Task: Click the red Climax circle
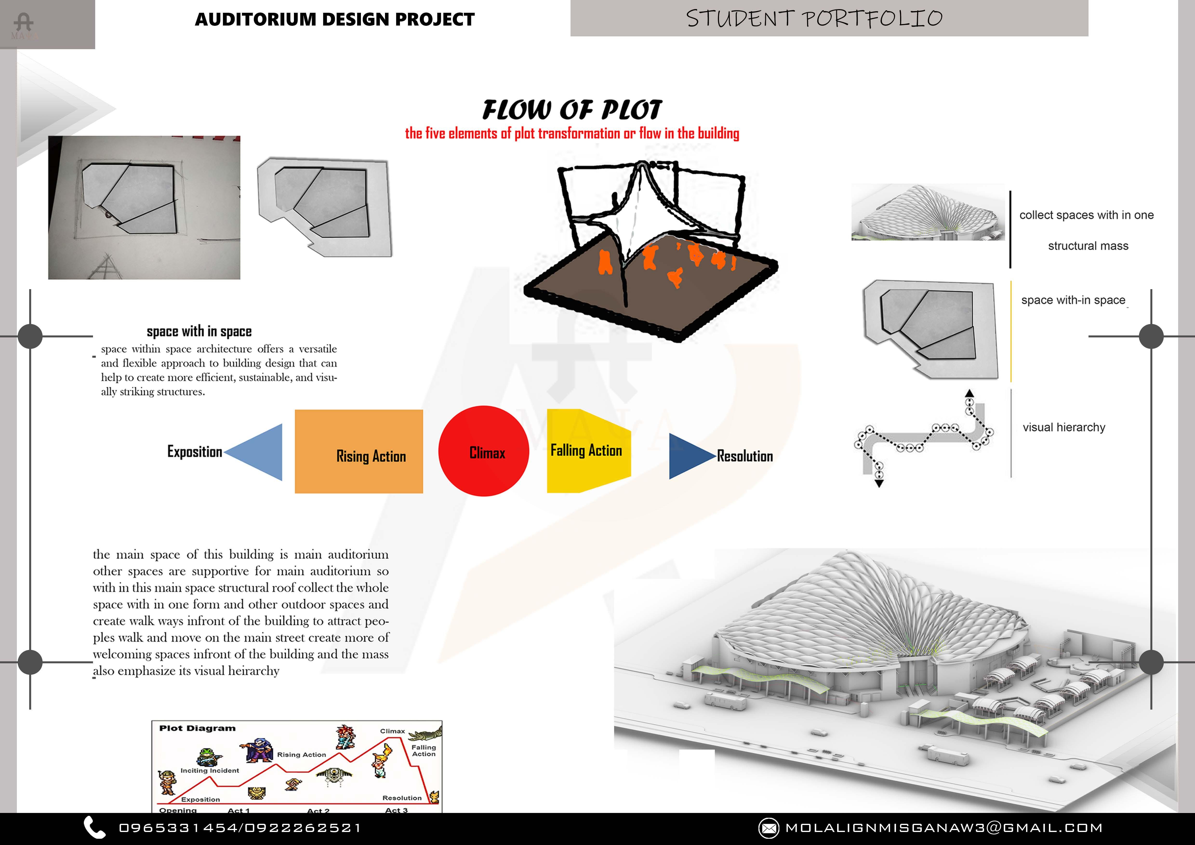[x=484, y=451]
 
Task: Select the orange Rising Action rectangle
[x=358, y=451]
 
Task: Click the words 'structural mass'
[x=1088, y=246]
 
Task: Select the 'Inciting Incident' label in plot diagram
[x=210, y=771]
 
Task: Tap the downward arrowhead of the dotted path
[x=879, y=484]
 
